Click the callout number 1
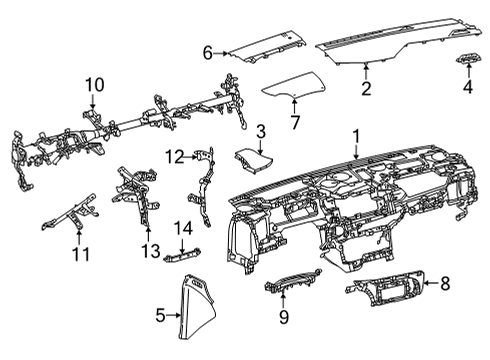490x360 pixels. [x=356, y=137]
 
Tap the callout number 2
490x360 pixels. [x=366, y=89]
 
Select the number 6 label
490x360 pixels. [x=208, y=53]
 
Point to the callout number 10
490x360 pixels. [x=95, y=85]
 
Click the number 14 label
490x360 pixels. [x=184, y=229]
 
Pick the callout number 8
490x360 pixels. [x=445, y=284]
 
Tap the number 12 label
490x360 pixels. [x=175, y=157]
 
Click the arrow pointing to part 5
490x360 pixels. [x=174, y=314]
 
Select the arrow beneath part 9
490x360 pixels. [x=283, y=299]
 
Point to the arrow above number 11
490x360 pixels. [x=79, y=237]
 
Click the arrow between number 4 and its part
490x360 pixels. [x=468, y=71]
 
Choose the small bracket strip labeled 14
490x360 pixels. [x=183, y=255]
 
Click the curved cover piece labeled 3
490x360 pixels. [x=254, y=161]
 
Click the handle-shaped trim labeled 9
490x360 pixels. [x=293, y=279]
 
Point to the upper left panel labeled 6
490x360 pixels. [x=266, y=48]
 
